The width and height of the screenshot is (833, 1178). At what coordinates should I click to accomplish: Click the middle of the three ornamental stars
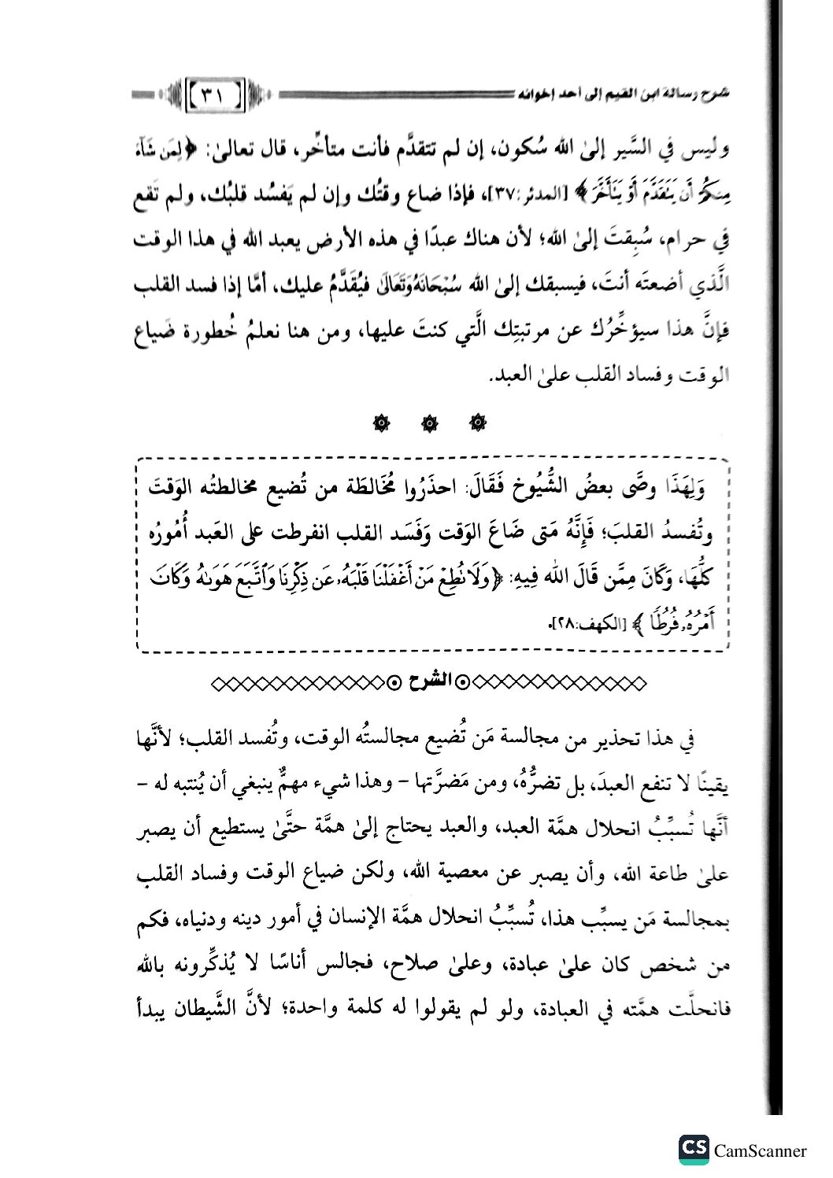[428, 424]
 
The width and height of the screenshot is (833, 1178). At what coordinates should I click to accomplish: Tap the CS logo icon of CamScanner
[694, 1150]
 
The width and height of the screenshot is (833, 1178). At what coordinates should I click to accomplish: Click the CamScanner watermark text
[760, 1151]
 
